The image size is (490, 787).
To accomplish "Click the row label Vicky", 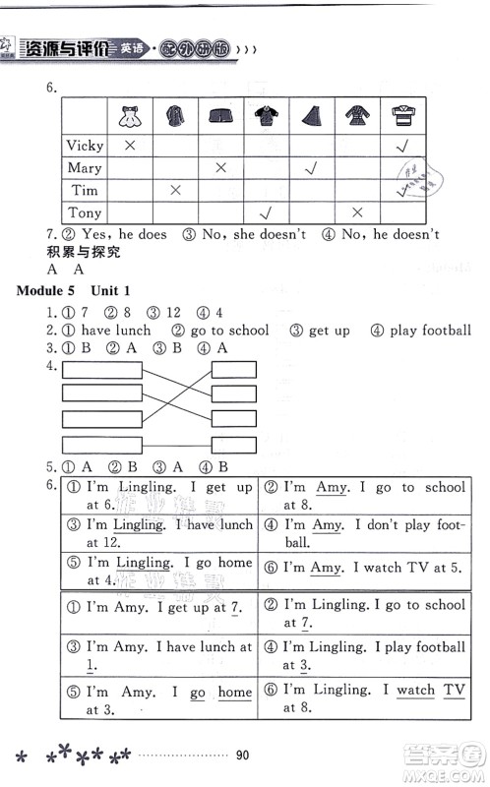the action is point(85,146).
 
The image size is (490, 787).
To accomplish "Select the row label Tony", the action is point(85,212).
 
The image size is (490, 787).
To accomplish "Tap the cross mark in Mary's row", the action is point(221,168).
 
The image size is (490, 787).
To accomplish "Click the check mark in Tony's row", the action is point(264,212).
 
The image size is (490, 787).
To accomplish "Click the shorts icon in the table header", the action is point(220,118).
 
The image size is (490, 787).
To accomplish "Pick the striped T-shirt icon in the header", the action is point(401,117).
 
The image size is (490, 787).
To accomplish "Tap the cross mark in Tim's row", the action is point(175,190).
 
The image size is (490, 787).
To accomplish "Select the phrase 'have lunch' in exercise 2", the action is point(116,331).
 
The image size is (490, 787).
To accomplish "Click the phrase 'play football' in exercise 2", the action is point(430,331).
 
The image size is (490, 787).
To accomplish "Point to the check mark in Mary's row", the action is point(311,168).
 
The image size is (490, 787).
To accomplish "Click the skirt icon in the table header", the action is point(310,117).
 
